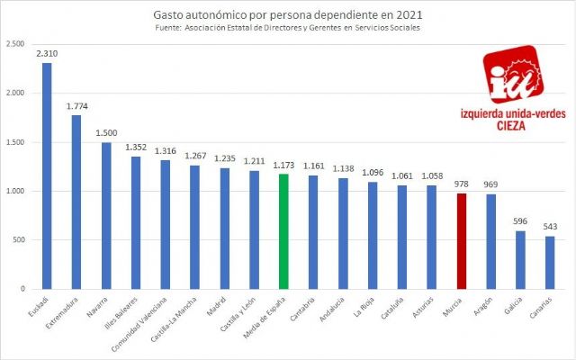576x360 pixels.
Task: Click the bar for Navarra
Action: click(105, 215)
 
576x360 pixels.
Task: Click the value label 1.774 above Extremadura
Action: click(76, 106)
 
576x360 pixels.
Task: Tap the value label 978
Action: click(461, 184)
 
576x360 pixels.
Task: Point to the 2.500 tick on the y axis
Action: click(14, 44)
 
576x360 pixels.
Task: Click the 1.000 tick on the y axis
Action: click(14, 191)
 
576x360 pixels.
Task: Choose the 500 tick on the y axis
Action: click(18, 240)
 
